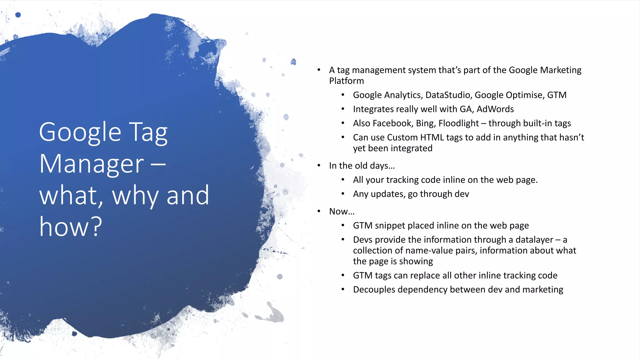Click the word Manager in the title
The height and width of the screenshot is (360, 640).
(91, 164)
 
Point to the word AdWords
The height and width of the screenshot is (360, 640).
(495, 109)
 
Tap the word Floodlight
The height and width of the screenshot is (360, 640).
(458, 123)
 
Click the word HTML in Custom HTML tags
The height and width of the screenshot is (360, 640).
(432, 137)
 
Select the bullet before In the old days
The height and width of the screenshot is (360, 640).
(319, 165)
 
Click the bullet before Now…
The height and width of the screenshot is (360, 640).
(319, 211)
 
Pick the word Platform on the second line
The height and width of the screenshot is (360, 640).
(346, 81)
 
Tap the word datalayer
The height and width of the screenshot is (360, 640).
(534, 240)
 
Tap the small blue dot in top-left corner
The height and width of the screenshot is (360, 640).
(18, 15)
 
